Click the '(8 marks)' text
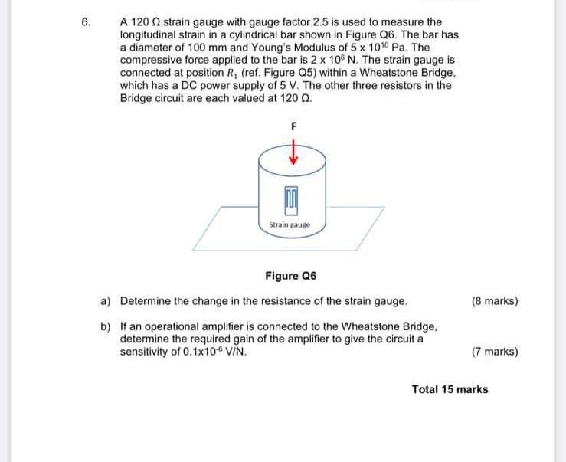[495, 301]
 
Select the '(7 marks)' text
[495, 352]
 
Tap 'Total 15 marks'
[450, 389]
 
